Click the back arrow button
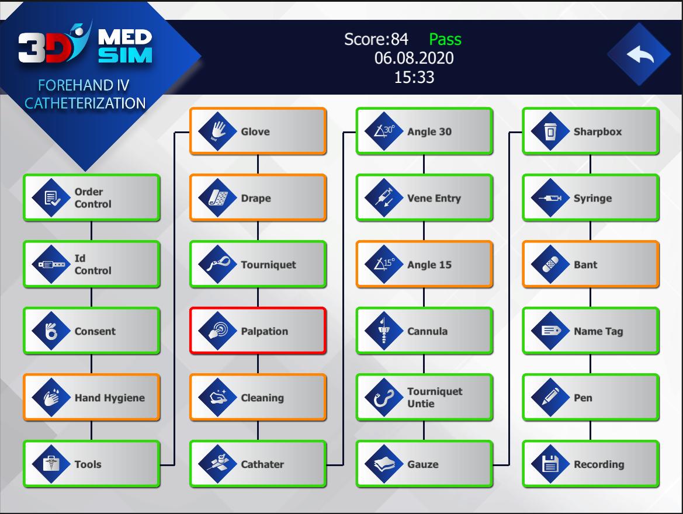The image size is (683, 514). pyautogui.click(x=639, y=54)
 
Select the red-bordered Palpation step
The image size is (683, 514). pyautogui.click(x=258, y=331)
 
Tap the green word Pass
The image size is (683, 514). pyautogui.click(x=445, y=39)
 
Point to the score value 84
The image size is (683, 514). pyautogui.click(x=400, y=39)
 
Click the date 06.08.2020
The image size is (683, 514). pyautogui.click(x=414, y=58)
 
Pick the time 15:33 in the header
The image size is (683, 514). pyautogui.click(x=414, y=77)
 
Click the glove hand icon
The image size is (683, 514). pyautogui.click(x=218, y=131)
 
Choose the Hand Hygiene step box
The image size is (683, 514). pyautogui.click(x=92, y=397)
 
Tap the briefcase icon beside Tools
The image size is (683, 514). pyautogui.click(x=51, y=464)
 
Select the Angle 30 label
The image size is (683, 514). pyautogui.click(x=429, y=131)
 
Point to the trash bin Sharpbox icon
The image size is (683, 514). pyautogui.click(x=550, y=131)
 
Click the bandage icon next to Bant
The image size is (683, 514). pyautogui.click(x=550, y=265)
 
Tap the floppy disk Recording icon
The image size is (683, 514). pyautogui.click(x=550, y=464)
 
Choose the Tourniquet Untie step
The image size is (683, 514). pyautogui.click(x=424, y=397)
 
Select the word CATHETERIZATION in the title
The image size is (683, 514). pyautogui.click(x=85, y=103)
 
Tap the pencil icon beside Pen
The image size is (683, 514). pyautogui.click(x=550, y=397)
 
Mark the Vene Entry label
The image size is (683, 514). pyautogui.click(x=434, y=198)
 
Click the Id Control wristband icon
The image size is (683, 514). pyautogui.click(x=51, y=265)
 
